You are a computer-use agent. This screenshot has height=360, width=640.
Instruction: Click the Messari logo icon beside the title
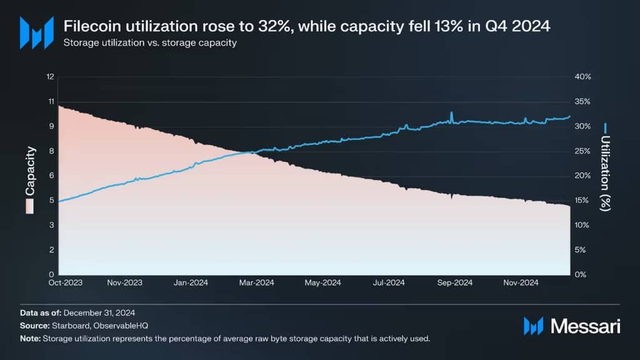coord(36,32)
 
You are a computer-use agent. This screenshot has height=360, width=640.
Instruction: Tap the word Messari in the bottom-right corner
coord(584,326)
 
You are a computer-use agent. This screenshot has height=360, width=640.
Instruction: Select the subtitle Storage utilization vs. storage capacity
coord(150,44)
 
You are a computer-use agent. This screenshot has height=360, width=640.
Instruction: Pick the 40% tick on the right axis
coord(582,77)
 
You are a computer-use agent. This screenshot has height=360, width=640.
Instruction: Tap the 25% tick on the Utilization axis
coord(582,151)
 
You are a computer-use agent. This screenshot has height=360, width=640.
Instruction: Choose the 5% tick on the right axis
coord(581,249)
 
